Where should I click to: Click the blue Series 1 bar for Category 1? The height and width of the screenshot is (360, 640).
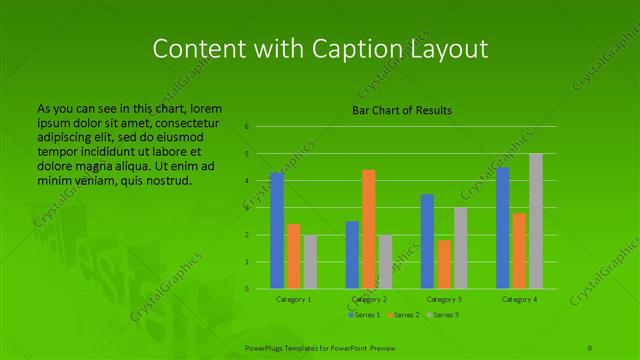coord(277,231)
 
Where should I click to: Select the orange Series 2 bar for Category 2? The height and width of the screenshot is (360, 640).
coord(368,229)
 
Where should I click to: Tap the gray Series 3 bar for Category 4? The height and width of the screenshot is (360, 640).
coord(535,221)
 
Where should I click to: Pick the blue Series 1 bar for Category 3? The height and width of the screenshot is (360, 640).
coord(427,241)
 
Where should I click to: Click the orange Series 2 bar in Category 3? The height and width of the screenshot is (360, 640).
coord(443,264)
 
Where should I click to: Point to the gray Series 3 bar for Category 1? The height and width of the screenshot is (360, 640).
coord(309,262)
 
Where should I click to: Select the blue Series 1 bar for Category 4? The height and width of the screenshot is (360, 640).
coord(502,228)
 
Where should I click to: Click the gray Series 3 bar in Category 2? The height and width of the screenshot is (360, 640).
coord(384,262)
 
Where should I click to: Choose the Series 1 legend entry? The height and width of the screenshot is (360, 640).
coord(364,315)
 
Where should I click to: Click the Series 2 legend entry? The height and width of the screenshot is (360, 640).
coord(404,315)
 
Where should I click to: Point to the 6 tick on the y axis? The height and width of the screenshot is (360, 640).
coord(246,127)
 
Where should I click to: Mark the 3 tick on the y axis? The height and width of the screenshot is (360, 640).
coord(246,208)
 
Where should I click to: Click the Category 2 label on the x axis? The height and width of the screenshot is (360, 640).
coord(369,299)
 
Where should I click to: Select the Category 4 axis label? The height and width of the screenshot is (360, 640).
coord(519,299)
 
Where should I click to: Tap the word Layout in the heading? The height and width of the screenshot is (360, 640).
coord(454,49)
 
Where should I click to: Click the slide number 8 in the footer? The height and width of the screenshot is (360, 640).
coord(591,345)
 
